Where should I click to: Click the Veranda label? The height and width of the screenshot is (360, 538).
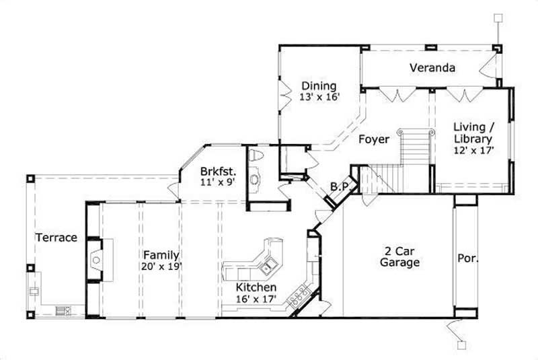click(x=433, y=68)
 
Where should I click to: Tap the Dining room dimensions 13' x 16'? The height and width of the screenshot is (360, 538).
click(x=319, y=96)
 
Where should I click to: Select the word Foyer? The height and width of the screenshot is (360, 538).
click(x=373, y=140)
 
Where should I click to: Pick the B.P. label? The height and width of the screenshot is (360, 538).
click(x=338, y=186)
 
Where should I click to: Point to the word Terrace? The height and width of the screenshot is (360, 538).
click(x=56, y=238)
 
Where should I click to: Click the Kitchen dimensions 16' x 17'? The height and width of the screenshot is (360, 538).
click(x=258, y=297)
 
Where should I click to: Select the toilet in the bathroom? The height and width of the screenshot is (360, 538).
click(x=255, y=156)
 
